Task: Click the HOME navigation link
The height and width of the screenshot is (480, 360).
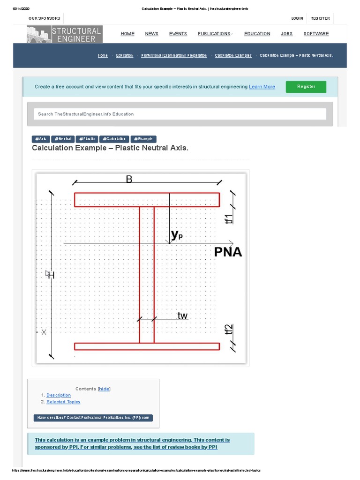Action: [127, 34]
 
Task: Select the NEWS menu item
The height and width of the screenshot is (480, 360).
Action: [151, 34]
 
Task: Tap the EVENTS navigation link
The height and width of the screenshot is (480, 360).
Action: [178, 34]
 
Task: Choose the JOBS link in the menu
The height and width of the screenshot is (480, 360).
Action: [287, 34]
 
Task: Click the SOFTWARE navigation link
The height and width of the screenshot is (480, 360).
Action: [316, 34]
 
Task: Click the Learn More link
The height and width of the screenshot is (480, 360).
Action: [262, 87]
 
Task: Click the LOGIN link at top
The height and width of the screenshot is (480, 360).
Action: [297, 18]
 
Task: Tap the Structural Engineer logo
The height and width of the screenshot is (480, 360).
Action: [65, 34]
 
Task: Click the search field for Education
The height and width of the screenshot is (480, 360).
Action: [180, 114]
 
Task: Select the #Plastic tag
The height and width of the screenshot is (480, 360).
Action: [87, 139]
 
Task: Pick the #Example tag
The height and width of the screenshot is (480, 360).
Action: [143, 139]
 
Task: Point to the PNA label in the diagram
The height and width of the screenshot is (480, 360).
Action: [228, 252]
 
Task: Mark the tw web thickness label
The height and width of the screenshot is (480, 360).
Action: [182, 316]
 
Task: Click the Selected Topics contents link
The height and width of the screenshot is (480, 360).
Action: [63, 402]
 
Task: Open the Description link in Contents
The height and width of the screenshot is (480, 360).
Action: [59, 395]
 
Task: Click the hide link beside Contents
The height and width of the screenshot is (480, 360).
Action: [104, 389]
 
